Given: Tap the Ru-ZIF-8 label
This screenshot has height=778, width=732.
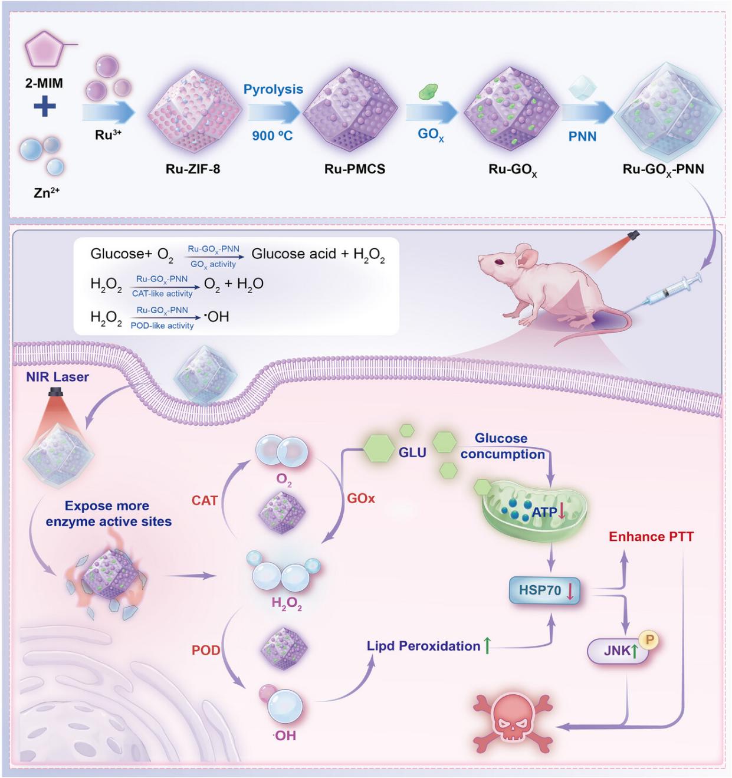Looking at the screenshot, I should [193, 169].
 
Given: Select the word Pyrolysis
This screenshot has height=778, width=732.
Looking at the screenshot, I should [273, 89].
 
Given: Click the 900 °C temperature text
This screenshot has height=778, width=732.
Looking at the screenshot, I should [273, 136].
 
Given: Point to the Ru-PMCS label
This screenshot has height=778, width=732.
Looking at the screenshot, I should [354, 169].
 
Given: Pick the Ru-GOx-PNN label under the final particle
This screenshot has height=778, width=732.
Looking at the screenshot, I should [663, 170].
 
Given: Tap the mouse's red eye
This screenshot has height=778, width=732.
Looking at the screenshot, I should [500, 262].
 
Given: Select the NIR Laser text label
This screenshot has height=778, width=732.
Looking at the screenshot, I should [57, 377].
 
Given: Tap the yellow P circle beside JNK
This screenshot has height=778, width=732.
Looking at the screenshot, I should [649, 639].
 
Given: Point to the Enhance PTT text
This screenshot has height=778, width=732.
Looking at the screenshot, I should [651, 537].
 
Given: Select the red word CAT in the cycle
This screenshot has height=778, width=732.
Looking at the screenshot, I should [205, 500].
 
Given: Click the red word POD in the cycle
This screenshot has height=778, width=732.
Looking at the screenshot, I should [206, 650].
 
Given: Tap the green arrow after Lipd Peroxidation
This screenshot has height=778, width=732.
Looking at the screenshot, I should [487, 646].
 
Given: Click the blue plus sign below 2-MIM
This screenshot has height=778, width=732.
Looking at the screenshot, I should [44, 107].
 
